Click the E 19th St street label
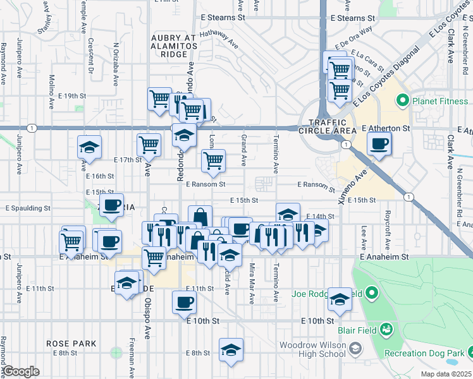(71, 95)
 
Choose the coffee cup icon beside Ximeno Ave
(379, 145)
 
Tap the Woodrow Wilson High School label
(313, 349)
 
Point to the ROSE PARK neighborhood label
(71, 343)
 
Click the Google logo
(21, 371)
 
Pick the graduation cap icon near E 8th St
(231, 351)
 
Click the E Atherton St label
(386, 128)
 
